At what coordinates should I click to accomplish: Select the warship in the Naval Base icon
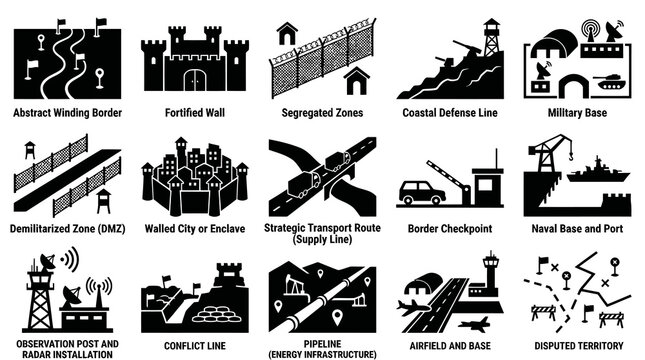[596, 172]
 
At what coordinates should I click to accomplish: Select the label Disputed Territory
[580, 343]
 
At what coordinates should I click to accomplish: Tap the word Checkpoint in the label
[464, 228]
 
